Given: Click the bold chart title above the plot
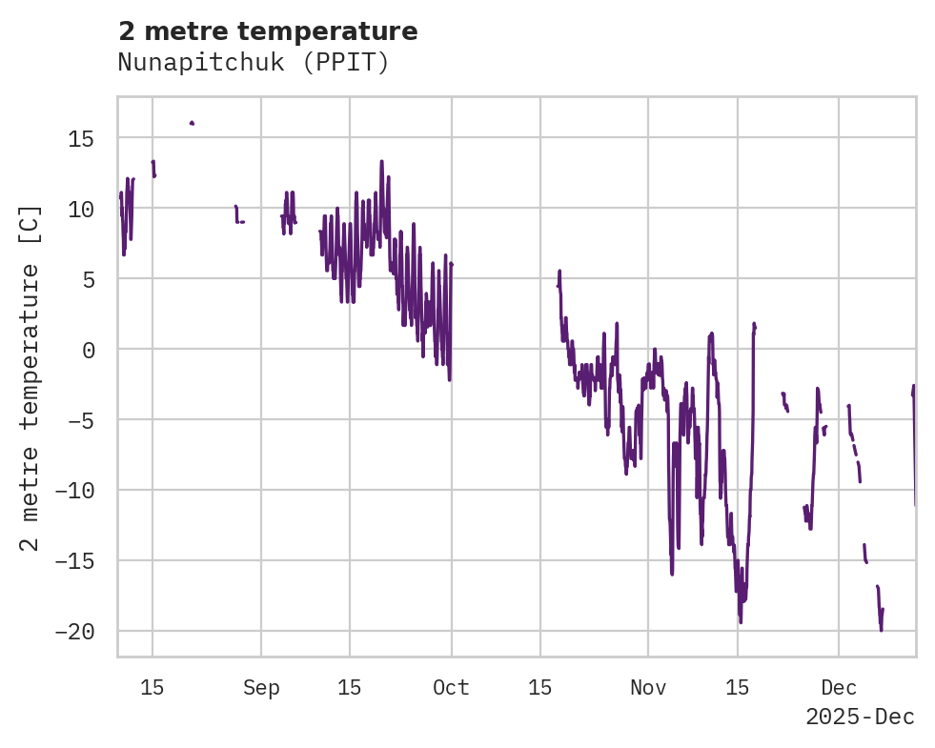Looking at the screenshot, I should (x=268, y=31).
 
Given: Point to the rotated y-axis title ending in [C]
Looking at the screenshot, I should (x=30, y=377).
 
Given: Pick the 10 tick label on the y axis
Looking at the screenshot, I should (x=83, y=209).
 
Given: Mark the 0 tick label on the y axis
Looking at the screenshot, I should (x=89, y=350).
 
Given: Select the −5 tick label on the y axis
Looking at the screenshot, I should (x=77, y=420).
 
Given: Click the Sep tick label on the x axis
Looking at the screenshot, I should (x=261, y=688).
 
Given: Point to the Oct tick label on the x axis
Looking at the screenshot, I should (x=451, y=688).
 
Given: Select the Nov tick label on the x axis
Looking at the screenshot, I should (x=648, y=688).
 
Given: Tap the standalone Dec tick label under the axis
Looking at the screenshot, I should (x=839, y=688).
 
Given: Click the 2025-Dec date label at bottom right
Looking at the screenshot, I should (x=860, y=718).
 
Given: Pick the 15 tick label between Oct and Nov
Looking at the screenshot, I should (x=540, y=688).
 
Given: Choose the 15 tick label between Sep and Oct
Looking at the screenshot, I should (x=350, y=688).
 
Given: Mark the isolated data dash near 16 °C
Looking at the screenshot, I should (x=192, y=123).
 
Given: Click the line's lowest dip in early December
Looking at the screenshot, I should (x=881, y=629).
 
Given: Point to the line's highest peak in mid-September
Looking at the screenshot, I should (x=381, y=162).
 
